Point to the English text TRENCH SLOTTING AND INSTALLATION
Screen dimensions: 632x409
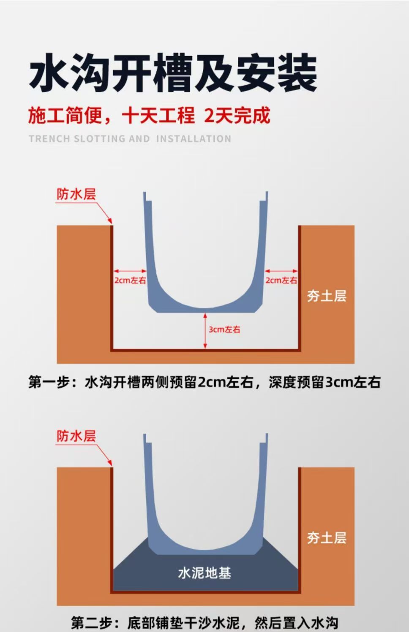(130, 139)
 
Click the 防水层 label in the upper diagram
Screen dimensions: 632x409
(76, 194)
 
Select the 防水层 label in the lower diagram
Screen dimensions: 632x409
(76, 436)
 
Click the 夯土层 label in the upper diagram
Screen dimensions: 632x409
(327, 296)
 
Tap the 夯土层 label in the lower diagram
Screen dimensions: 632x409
(327, 538)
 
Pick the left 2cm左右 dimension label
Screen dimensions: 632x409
(130, 280)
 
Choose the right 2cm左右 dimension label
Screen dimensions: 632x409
(281, 280)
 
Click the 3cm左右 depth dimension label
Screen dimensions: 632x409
(224, 330)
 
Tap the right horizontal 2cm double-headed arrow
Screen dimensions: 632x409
(281, 271)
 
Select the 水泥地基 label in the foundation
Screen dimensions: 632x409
(204, 573)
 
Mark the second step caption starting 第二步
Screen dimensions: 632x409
(204, 623)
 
